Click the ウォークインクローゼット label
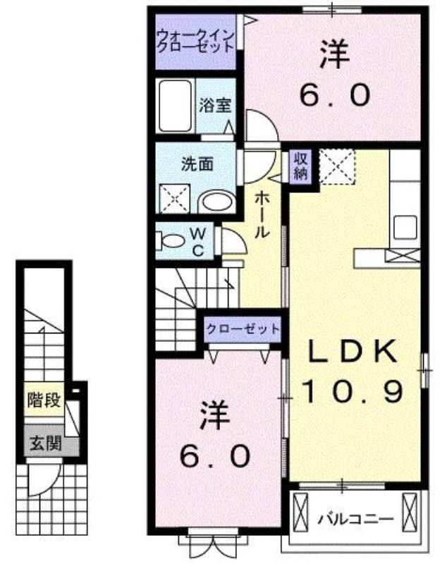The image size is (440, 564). tap(196, 42)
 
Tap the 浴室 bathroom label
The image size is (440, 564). tap(215, 104)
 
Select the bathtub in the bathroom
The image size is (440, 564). tap(175, 106)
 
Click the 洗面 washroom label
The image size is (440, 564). tap(197, 164)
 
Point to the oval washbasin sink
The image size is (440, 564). tap(217, 202)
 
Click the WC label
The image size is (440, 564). tap(198, 243)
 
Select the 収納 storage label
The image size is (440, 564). tap(301, 166)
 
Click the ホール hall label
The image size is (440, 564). tap(262, 215)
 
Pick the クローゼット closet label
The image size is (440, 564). tap(243, 329)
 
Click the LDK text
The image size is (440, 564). tap(354, 350)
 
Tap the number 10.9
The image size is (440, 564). tap(352, 391)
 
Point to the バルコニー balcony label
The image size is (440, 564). tap(355, 520)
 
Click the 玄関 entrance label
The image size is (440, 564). tap(46, 444)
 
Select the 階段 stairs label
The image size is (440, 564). tap(44, 400)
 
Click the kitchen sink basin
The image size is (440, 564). tap(405, 228)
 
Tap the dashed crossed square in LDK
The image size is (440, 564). tap(337, 166)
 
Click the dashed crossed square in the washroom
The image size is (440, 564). tap(174, 199)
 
